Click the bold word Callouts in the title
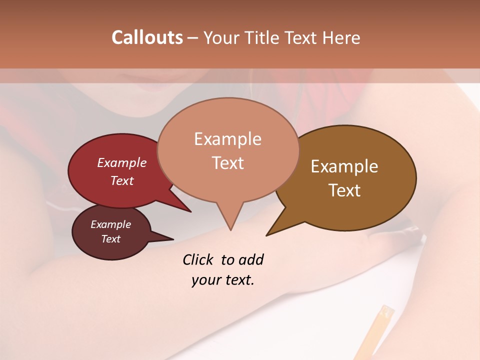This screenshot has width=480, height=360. (147, 37)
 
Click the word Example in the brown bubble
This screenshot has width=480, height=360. (344, 166)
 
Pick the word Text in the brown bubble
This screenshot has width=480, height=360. (344, 190)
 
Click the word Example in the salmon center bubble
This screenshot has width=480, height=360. (227, 139)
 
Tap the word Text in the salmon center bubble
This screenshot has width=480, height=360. (227, 163)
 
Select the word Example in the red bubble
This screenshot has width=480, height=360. (122, 162)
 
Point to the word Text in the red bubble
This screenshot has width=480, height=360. (122, 180)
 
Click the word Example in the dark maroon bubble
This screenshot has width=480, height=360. (110, 224)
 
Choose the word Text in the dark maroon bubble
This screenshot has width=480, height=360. (110, 239)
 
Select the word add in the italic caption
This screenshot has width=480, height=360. (251, 260)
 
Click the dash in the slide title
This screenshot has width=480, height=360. (193, 38)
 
